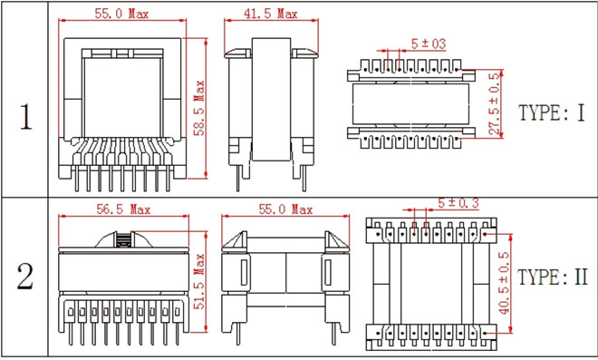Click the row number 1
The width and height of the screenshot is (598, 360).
point(25,116)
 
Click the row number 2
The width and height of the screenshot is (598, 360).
point(24,276)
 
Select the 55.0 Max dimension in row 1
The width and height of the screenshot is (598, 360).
point(121,14)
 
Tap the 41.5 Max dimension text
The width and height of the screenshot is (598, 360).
point(270,14)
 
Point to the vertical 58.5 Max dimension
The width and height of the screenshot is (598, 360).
point(199,108)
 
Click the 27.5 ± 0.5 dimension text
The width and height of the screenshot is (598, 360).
point(495,103)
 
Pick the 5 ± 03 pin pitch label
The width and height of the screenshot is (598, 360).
point(429,44)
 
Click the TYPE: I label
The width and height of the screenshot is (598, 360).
point(552,112)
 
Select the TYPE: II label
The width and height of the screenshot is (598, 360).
point(553,277)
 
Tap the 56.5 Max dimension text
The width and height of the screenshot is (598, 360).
point(123,209)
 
